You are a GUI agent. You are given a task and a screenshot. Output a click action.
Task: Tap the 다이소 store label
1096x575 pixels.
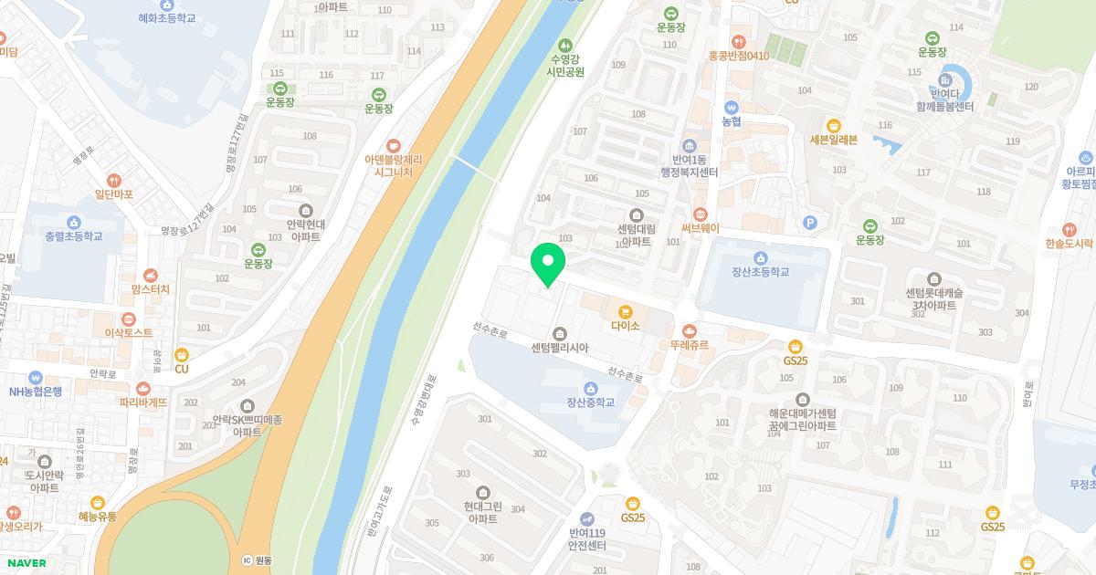click(626, 325)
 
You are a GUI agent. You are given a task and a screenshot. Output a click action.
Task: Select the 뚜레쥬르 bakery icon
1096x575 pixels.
click(689, 330)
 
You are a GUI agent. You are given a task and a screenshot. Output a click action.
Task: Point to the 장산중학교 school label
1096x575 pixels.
click(590, 402)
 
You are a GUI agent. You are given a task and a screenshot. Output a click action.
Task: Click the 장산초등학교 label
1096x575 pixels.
click(760, 272)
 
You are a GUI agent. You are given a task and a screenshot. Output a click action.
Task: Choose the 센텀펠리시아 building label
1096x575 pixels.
click(560, 348)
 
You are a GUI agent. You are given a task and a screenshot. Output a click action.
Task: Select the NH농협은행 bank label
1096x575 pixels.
click(36, 392)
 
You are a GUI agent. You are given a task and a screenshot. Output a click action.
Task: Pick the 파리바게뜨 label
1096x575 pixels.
click(143, 402)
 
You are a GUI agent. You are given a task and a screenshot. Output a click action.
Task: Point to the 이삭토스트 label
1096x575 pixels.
click(129, 333)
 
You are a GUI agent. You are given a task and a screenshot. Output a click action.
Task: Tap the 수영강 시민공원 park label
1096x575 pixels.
click(564, 64)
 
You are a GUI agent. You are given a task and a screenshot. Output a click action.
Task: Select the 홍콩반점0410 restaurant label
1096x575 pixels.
click(739, 56)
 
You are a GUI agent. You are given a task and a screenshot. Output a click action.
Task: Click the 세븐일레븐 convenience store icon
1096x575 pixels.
click(833, 125)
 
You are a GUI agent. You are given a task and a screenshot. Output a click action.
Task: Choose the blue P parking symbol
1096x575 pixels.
click(808, 222)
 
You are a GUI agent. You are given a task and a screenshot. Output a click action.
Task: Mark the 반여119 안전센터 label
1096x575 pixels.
click(587, 539)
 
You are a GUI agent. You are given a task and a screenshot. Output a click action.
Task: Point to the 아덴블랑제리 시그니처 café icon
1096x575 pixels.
click(394, 145)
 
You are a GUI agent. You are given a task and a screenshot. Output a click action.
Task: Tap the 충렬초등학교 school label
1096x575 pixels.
click(74, 236)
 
